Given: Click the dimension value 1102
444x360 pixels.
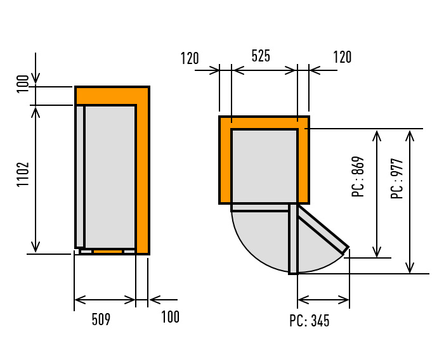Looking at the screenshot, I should click(23, 174).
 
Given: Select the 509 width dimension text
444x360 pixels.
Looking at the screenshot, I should click(101, 319).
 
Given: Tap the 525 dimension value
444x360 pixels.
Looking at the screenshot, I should click(261, 56).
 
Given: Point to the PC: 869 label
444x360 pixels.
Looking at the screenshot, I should click(358, 177).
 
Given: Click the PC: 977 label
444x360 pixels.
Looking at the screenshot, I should click(397, 179).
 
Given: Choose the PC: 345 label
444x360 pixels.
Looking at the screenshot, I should click(310, 321).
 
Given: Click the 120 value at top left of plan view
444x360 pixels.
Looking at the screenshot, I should click(190, 58).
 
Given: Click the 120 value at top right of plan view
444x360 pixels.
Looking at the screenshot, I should click(342, 57).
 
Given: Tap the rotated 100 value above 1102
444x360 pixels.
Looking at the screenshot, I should click(23, 84).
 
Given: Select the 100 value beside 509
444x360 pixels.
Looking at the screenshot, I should click(170, 317).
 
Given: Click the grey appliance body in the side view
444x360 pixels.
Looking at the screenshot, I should click(110, 176).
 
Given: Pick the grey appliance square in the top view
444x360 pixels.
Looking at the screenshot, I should click(264, 165).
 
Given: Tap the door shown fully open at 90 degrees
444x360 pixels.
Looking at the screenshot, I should click(293, 239).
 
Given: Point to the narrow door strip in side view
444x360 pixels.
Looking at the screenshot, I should click(80, 176).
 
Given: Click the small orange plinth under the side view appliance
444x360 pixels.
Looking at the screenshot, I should click(108, 252).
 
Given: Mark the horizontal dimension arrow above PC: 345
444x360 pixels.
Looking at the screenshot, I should click(323, 299).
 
